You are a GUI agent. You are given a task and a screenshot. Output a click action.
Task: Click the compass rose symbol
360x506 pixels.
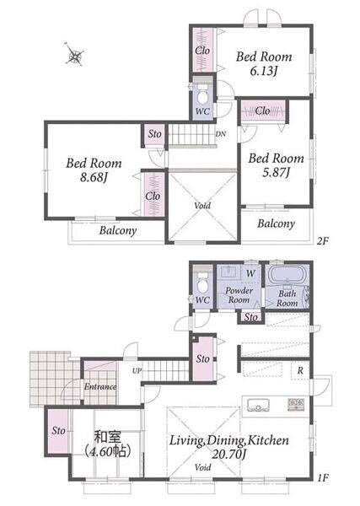(x=75, y=55)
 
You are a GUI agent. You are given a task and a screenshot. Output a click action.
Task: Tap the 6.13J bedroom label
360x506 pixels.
(x=264, y=71)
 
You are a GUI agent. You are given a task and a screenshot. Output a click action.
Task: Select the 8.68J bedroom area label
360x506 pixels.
(x=94, y=177)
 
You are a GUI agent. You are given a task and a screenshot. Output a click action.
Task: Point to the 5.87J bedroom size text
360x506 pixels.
(x=276, y=173)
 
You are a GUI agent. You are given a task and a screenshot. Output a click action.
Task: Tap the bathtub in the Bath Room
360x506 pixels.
(x=287, y=275)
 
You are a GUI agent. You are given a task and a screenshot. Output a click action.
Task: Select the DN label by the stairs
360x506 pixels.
(x=220, y=134)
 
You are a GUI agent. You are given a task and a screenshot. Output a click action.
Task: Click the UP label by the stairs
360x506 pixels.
(x=137, y=371)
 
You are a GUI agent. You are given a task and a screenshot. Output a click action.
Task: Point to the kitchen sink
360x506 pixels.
(x=258, y=405)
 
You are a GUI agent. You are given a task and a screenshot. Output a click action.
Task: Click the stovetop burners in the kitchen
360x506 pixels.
(x=296, y=405)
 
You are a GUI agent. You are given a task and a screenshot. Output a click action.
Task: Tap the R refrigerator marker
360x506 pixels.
(x=300, y=370)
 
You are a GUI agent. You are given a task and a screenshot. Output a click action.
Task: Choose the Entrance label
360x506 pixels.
(x=100, y=386)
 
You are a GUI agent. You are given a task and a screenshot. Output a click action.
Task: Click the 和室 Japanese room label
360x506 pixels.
(x=107, y=437)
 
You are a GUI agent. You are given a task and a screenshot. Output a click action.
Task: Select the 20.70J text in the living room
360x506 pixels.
(x=229, y=455)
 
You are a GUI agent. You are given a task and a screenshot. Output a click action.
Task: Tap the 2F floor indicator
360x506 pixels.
(x=322, y=240)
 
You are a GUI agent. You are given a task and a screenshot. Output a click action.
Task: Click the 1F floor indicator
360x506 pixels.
(x=322, y=477)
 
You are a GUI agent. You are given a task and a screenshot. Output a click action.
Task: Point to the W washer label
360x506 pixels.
(x=250, y=273)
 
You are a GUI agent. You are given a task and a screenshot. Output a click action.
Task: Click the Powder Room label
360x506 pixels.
(x=239, y=295)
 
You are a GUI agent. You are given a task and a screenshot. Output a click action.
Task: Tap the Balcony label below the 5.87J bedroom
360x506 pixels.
(x=276, y=224)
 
